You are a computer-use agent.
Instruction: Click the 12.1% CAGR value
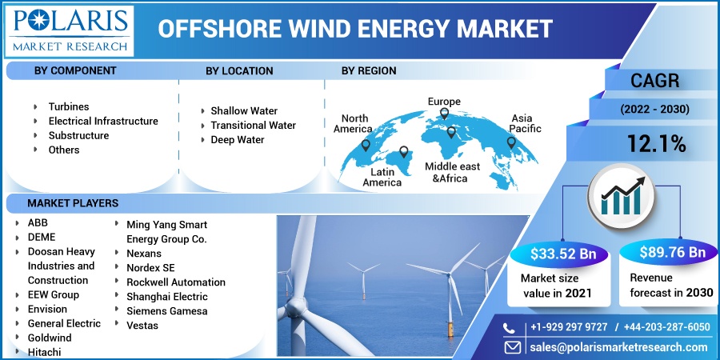coord(655,144)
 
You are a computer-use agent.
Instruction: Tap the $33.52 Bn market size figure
coord(562,254)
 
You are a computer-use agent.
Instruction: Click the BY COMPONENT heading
coord(75,70)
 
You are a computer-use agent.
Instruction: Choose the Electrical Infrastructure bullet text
coord(102,121)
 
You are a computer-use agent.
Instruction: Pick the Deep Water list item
coord(237,139)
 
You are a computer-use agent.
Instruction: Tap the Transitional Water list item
coord(253,125)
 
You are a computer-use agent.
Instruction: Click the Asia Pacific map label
coord(526,123)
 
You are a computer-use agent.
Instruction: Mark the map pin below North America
coord(366,145)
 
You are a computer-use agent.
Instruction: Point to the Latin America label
coord(382,177)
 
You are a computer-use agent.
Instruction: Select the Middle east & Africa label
coord(452,172)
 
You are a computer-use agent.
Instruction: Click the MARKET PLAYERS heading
coord(73,203)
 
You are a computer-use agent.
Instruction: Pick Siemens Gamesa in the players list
coord(167,310)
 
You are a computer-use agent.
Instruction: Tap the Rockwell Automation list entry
coord(176,282)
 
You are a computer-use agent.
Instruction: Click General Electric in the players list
coord(64,323)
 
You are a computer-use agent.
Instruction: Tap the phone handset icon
coord(510,327)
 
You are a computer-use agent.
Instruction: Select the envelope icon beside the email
coord(511,347)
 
